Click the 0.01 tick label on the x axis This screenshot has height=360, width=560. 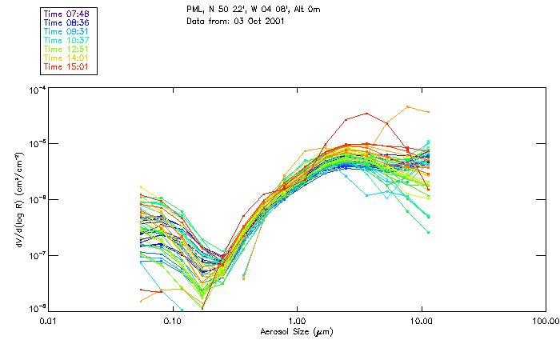48,321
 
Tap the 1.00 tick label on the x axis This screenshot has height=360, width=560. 297,321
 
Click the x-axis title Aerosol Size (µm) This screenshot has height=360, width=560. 296,331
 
